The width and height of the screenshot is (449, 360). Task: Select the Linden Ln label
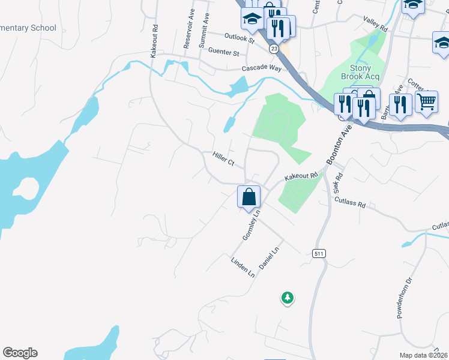click(x=243, y=267)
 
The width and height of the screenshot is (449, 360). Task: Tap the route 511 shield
click(x=319, y=254)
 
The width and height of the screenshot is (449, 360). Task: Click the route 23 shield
click(x=274, y=49)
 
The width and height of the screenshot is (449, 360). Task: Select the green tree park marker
click(x=288, y=297)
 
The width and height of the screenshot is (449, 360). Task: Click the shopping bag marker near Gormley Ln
click(x=249, y=197)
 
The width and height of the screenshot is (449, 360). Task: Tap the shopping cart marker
click(x=426, y=101)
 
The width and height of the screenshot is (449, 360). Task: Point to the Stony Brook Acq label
click(x=356, y=72)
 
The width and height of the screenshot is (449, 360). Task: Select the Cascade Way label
click(x=261, y=68)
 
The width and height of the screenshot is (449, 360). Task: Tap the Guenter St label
click(x=224, y=52)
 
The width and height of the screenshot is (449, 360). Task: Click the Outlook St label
click(x=240, y=38)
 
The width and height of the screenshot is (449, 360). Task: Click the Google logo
click(x=20, y=353)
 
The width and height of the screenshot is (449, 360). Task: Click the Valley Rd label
click(x=376, y=24)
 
